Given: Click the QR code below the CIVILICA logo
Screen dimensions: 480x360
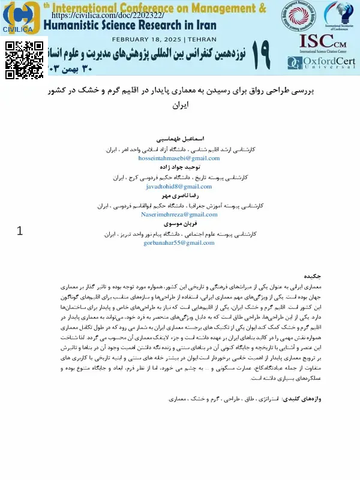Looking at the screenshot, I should pos(25,61).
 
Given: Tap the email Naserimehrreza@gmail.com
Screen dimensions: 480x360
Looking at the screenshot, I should pos(188,214).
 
